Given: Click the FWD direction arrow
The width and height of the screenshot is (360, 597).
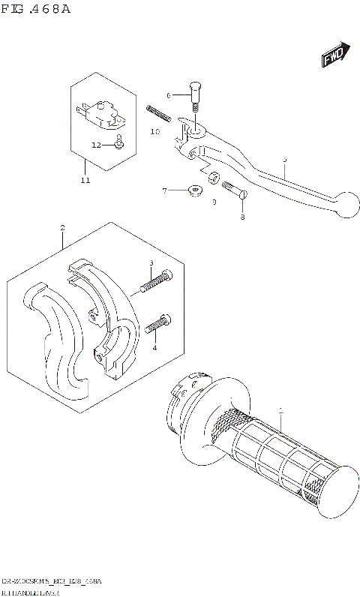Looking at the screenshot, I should point(332,55).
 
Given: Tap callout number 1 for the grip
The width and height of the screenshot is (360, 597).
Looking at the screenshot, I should point(280,410).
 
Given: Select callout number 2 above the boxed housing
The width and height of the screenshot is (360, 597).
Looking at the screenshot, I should point(63,227).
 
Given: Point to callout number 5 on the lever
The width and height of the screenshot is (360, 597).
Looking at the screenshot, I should point(285,159).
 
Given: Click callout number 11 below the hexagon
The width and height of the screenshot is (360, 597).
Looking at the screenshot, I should point(85,181).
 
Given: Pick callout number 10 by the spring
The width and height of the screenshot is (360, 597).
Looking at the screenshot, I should point(155,131).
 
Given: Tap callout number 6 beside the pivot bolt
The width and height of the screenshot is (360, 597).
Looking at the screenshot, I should point(169,95).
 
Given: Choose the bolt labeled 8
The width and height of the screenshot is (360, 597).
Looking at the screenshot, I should point(235,191).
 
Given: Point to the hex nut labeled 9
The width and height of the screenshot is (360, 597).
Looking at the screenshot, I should point(213,178).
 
